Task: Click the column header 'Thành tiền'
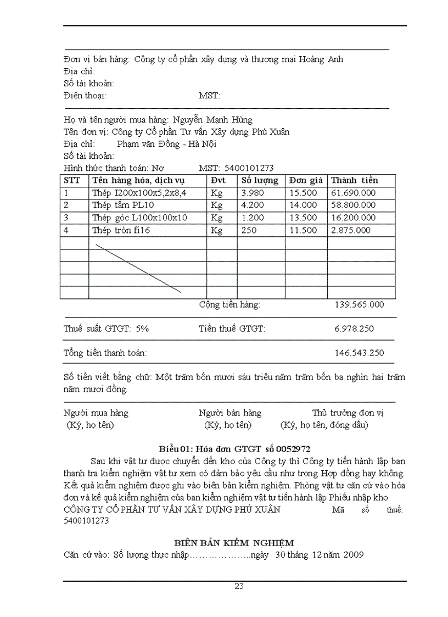[x=354, y=180]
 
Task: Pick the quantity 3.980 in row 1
[x=253, y=193]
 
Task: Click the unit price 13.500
[x=303, y=218]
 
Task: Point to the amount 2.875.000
[x=350, y=230]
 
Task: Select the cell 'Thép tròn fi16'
[x=121, y=230]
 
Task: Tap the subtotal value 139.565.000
[x=359, y=304]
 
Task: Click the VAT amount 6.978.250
[x=354, y=329]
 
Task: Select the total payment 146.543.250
[x=359, y=353]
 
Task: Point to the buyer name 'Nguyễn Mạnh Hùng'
[x=212, y=120]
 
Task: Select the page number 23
[x=239, y=586]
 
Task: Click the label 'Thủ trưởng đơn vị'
[x=348, y=413]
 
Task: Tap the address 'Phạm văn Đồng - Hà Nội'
[x=167, y=144]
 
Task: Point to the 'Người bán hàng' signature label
[x=230, y=413]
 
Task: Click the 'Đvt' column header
[x=218, y=180]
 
